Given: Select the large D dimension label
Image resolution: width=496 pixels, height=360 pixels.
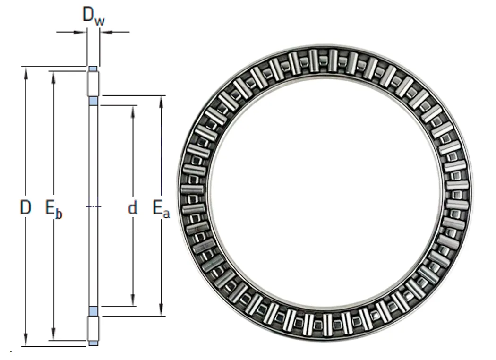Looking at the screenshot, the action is click(x=26, y=207).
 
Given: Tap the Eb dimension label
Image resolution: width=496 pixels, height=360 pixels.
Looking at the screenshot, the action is click(x=54, y=209).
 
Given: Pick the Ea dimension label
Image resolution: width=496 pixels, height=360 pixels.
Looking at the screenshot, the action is click(x=161, y=209).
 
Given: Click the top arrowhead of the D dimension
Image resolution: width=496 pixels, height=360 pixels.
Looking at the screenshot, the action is click(x=26, y=72).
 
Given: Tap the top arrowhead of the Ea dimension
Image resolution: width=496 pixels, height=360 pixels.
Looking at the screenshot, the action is click(x=162, y=101).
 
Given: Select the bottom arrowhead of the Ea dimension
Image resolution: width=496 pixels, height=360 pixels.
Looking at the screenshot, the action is click(x=162, y=310).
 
